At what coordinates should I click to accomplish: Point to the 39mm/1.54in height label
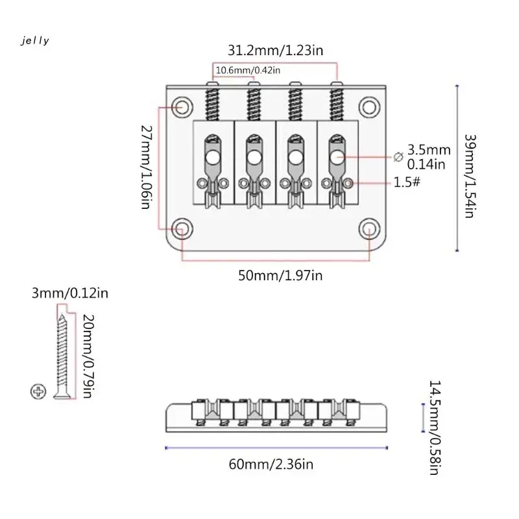pos(469,175)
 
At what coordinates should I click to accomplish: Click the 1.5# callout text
pos(408,182)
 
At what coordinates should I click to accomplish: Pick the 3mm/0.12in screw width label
pos(69,293)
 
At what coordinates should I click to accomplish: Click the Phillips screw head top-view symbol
pos(37,391)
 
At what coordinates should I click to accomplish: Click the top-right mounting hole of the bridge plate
pos(368,105)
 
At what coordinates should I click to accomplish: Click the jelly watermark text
pos(35,41)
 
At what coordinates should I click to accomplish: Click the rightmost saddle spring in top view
pos(336,103)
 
